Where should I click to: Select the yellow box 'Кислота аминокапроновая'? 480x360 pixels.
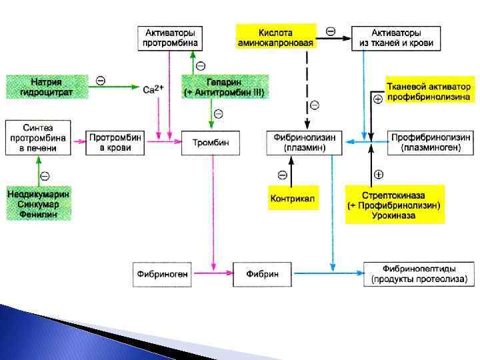click(x=276, y=37)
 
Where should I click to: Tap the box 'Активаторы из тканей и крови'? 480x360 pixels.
click(x=396, y=37)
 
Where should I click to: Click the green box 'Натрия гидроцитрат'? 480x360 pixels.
click(x=48, y=87)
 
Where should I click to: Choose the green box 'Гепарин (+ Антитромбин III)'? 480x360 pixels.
click(x=225, y=87)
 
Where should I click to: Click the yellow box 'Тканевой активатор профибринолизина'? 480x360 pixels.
click(x=429, y=91)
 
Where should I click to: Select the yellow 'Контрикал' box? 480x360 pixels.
click(x=293, y=198)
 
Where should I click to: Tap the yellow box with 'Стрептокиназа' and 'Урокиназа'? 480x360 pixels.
click(x=395, y=205)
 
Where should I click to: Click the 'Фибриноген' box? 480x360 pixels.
click(x=162, y=274)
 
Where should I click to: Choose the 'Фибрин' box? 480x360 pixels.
click(x=262, y=274)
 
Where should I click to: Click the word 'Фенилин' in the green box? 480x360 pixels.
click(x=39, y=215)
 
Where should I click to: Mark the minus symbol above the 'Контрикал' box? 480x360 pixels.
click(x=282, y=175)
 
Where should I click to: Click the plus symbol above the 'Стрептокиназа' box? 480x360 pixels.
click(x=379, y=175)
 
